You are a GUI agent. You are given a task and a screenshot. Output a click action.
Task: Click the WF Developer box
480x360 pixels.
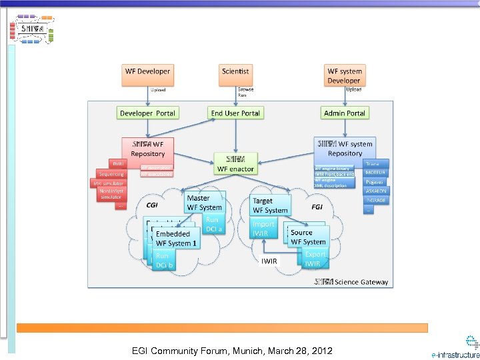pyautogui.click(x=147, y=75)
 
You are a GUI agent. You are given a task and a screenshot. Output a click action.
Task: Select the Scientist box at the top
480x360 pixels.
pyautogui.click(x=235, y=75)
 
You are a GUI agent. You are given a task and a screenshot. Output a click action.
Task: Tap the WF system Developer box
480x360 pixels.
pyautogui.click(x=344, y=75)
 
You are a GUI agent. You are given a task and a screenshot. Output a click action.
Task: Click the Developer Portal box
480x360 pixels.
pyautogui.click(x=147, y=113)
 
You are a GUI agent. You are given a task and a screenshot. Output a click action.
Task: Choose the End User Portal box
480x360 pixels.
pyautogui.click(x=235, y=113)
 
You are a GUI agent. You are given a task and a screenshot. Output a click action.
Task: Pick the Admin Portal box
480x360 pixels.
pyautogui.click(x=344, y=113)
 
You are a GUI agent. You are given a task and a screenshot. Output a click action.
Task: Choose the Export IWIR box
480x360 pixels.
pyautogui.click(x=315, y=259)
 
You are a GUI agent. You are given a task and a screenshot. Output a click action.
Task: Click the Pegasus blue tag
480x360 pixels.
pyautogui.click(x=376, y=181)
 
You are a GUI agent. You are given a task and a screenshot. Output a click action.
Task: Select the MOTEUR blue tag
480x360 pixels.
pyautogui.click(x=376, y=173)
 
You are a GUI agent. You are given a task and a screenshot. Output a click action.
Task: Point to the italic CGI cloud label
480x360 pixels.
pyautogui.click(x=152, y=207)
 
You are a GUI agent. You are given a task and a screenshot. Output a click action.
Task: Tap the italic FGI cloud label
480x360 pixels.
pyautogui.click(x=317, y=207)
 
